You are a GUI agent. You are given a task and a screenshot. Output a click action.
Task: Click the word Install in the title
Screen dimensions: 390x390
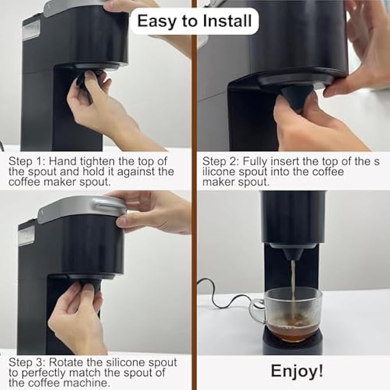click(227, 21)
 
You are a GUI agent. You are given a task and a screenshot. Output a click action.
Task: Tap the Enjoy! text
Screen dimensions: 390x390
click(297, 371)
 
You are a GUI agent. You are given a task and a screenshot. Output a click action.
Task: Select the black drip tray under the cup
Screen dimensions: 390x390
click(292, 340)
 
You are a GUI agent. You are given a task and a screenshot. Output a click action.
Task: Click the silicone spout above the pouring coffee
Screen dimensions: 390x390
click(293, 253)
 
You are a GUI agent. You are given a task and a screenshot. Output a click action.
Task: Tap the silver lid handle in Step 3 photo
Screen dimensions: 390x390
click(110, 204)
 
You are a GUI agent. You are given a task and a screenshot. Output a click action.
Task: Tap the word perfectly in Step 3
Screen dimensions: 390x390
click(44, 373)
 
